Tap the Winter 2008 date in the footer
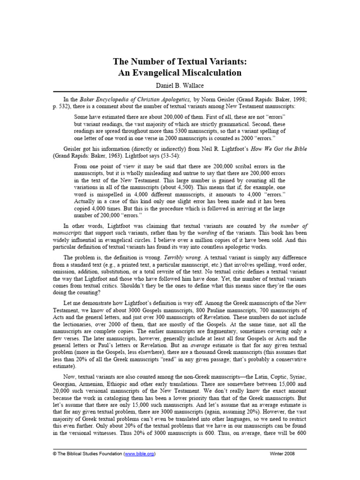click(x=283, y=454)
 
